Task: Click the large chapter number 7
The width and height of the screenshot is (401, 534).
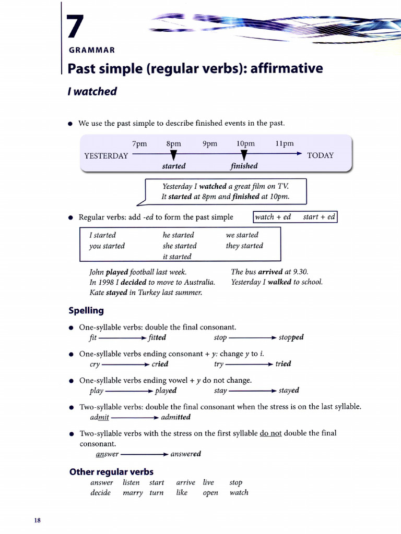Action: point(74,27)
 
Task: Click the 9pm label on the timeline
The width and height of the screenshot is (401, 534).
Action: point(209,144)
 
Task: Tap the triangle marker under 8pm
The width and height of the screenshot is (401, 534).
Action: point(174,155)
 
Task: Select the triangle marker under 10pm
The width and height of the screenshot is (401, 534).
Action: point(244,155)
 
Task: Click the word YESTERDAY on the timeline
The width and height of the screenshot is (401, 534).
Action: point(106,155)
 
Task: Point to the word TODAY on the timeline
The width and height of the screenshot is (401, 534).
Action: point(320,155)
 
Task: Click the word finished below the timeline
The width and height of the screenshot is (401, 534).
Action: point(244,166)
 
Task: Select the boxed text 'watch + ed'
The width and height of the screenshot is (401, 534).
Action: point(273,217)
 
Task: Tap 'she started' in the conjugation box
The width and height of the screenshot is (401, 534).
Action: point(180,246)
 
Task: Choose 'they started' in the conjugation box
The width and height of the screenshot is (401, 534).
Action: point(244,246)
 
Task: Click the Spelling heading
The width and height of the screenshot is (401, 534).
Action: point(86,311)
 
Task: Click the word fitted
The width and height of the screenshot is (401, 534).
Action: point(157,337)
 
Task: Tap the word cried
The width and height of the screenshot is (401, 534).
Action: point(160,364)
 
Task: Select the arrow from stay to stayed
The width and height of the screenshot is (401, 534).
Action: point(252,391)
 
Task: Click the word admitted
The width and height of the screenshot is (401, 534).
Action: point(176,417)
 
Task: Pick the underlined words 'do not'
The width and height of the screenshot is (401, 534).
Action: point(271,433)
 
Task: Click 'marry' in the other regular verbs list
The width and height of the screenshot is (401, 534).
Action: point(133,493)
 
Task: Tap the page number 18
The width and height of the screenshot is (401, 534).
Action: point(38,520)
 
